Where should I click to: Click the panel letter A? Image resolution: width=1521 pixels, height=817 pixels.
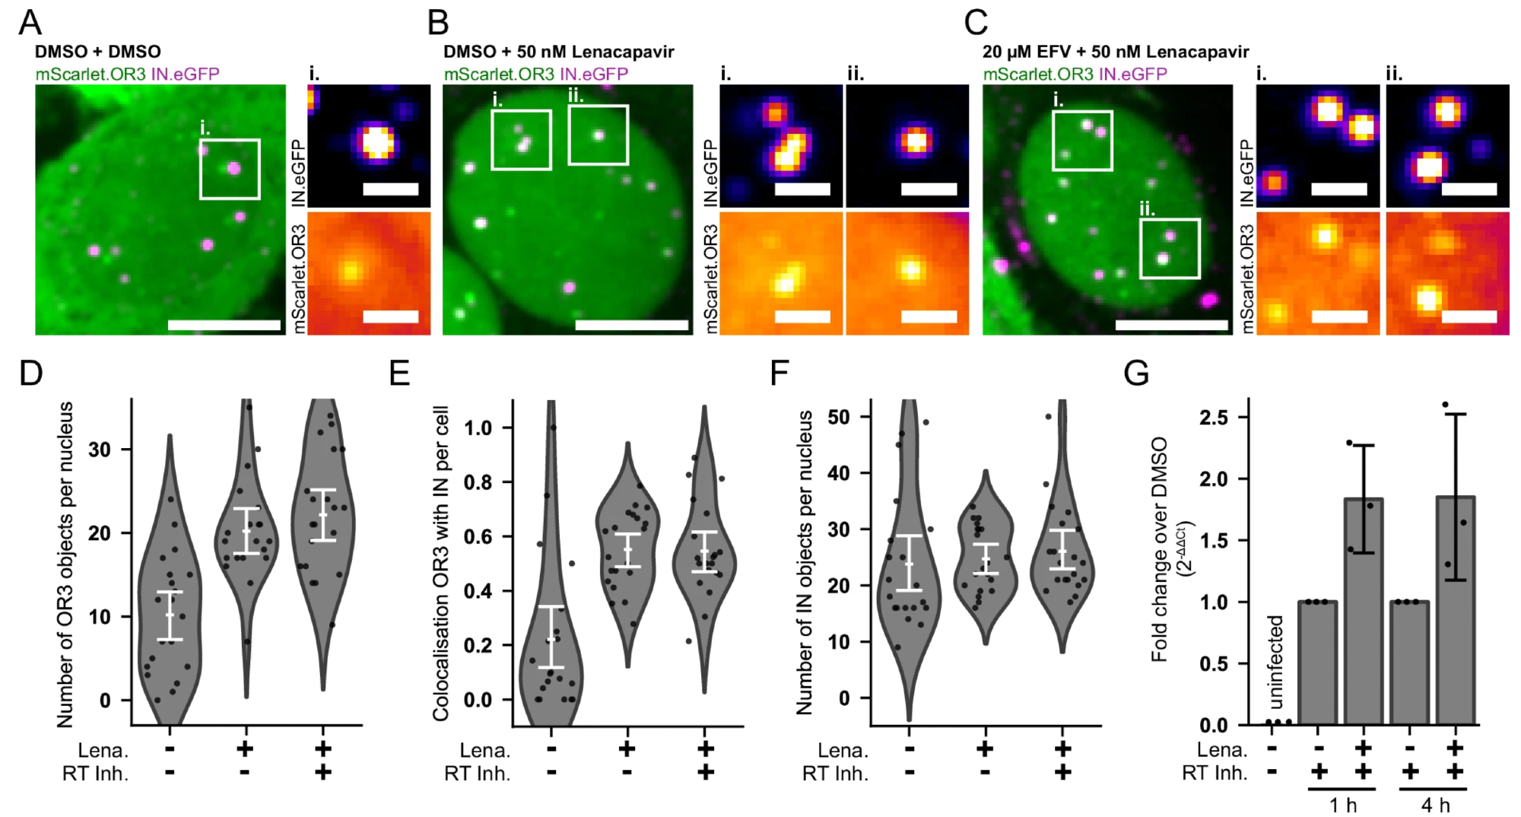pos(30,23)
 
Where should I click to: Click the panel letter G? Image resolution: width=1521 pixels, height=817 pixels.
pos(1136,373)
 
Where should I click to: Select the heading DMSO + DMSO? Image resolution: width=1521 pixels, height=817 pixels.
pos(97,52)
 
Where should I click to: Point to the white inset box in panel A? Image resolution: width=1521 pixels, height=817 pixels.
pos(230,169)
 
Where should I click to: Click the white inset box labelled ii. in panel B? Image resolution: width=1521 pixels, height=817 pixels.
pos(599,135)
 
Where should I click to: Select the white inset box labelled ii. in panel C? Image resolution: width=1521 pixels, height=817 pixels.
pos(1170,249)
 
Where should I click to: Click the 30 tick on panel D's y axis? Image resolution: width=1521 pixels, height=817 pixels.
pos(100,450)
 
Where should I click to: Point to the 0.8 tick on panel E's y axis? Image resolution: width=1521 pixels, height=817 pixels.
pos(478,482)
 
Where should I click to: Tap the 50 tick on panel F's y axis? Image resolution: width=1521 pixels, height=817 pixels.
pos(839,417)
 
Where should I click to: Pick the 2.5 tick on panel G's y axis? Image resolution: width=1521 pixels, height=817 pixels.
pos(1213,418)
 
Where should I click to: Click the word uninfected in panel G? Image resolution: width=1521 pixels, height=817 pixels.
pos(1275,662)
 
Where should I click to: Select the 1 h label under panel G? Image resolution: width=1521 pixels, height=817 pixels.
pos(1343,805)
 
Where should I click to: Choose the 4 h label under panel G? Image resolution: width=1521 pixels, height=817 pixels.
pos(1435,805)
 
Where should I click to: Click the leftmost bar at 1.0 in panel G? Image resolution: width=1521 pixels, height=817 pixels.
pos(1317,663)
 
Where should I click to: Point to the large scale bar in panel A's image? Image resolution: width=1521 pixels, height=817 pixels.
pos(224,326)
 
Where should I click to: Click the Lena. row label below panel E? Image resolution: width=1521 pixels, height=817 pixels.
pos(484,751)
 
